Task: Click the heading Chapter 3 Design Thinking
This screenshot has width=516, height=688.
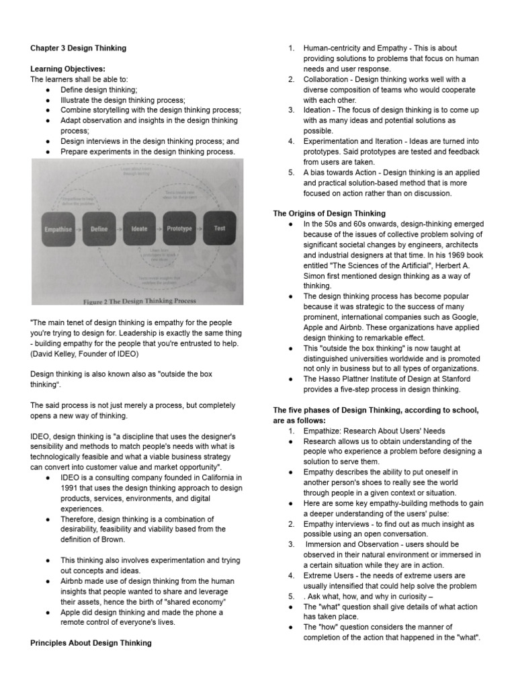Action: point(78,48)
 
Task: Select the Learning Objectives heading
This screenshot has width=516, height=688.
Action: point(68,69)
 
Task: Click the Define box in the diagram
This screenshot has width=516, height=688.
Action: point(99,229)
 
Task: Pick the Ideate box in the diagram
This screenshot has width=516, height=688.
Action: point(139,229)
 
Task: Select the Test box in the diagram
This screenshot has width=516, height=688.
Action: point(219,228)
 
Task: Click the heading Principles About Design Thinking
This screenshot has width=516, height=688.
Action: point(91,643)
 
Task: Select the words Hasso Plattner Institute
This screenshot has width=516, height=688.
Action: point(357,379)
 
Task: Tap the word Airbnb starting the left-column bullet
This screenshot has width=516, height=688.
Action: point(73,582)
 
